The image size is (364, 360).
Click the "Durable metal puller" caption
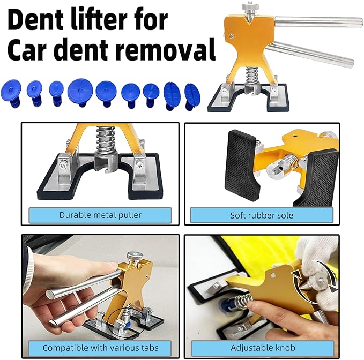(101, 215)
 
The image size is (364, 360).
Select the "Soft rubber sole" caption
(262, 215)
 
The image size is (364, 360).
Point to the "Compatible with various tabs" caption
(100, 347)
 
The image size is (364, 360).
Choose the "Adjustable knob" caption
(262, 347)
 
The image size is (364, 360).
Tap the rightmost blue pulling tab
(192, 94)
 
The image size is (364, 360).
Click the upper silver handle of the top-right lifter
(316, 22)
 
